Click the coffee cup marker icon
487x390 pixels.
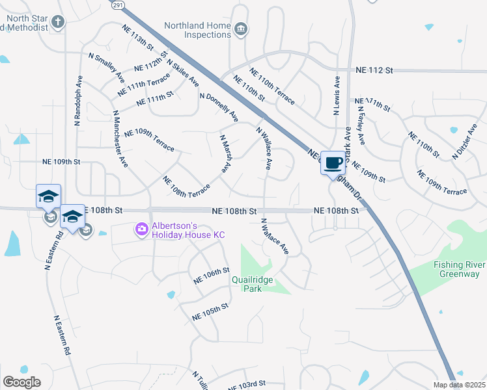point(333,162)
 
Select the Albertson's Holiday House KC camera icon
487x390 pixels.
point(141,229)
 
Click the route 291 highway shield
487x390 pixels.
point(117,5)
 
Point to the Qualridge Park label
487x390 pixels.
point(255,284)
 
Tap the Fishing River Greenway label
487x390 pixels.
point(456,269)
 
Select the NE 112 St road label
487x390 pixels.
point(375,70)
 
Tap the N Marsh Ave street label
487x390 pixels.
point(225,154)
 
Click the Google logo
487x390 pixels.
point(21,382)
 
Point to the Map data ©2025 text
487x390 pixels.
point(459,385)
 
